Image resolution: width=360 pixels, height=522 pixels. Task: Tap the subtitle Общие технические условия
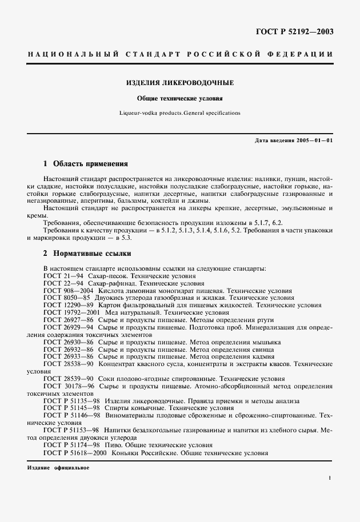click(180, 98)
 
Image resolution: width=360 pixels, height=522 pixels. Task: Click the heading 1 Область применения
click(86, 163)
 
